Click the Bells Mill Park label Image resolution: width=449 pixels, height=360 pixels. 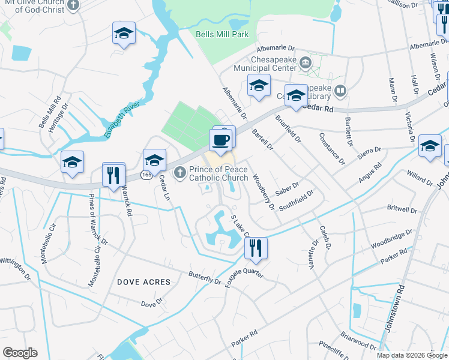[222, 34]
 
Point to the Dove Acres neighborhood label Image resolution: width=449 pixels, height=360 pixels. [143, 281]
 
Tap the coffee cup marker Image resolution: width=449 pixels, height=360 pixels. [220, 140]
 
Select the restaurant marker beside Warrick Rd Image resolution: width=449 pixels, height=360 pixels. [113, 175]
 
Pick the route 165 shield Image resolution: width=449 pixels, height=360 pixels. [146, 174]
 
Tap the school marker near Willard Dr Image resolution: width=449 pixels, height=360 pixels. [430, 146]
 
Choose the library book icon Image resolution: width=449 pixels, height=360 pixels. [341, 91]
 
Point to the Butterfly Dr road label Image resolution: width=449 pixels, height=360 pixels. [205, 277]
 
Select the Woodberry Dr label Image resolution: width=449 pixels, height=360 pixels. [263, 191]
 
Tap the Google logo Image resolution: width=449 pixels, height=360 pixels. [20, 353]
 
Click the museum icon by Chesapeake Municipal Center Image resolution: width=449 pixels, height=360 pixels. [305, 62]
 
